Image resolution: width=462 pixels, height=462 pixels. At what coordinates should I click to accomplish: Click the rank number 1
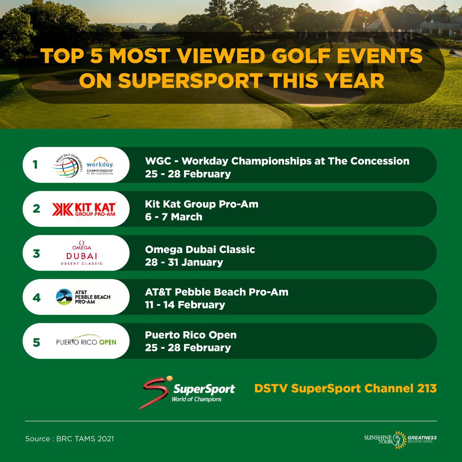(35, 165)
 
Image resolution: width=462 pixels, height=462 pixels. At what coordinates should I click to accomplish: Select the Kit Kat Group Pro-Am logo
(84, 209)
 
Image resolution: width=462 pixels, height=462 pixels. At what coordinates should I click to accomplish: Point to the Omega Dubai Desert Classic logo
(82, 253)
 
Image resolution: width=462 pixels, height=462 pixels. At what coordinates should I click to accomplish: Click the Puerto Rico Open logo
(86, 342)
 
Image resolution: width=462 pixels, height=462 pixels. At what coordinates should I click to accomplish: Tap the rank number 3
(36, 254)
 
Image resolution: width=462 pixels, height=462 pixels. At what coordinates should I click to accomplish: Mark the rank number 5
(36, 342)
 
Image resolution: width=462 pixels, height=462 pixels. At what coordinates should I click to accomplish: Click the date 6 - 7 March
(174, 217)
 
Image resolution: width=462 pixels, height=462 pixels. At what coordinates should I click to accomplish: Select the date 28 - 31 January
(184, 262)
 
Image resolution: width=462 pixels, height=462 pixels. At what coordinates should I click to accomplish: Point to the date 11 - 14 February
(185, 305)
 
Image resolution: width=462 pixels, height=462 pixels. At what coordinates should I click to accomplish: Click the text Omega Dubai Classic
(200, 249)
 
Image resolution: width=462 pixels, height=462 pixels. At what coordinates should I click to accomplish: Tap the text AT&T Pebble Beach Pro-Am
(217, 292)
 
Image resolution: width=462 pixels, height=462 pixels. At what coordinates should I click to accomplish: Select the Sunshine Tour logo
(400, 439)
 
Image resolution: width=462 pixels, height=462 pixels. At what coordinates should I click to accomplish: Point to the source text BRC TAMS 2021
(85, 439)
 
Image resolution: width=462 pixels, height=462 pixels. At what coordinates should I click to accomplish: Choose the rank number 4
(37, 298)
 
